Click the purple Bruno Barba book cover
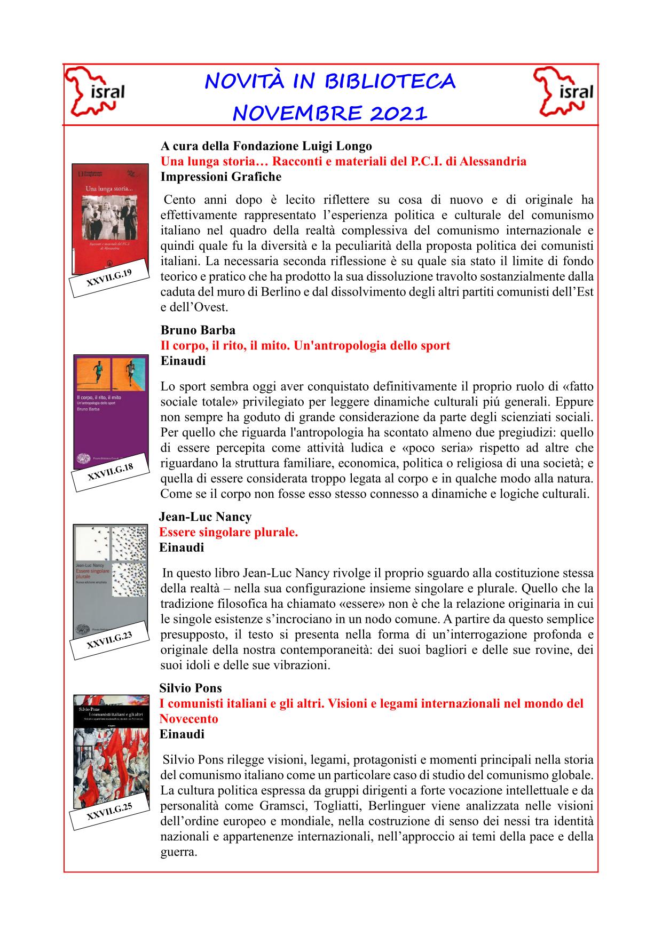tap(111, 406)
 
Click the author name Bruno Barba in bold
tap(198, 330)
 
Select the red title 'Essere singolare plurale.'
tap(228, 532)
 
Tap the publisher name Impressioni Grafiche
tap(221, 177)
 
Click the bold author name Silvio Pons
tap(191, 688)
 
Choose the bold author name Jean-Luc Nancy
tap(206, 517)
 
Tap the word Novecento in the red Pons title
tap(189, 719)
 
